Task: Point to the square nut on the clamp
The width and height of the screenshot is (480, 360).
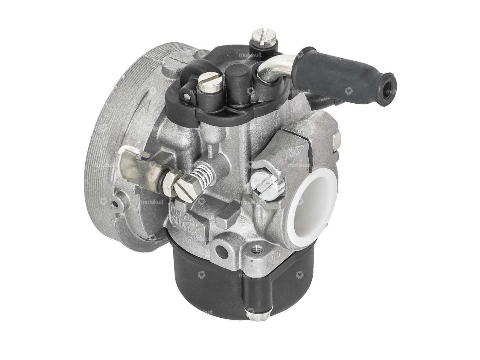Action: (337, 141)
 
